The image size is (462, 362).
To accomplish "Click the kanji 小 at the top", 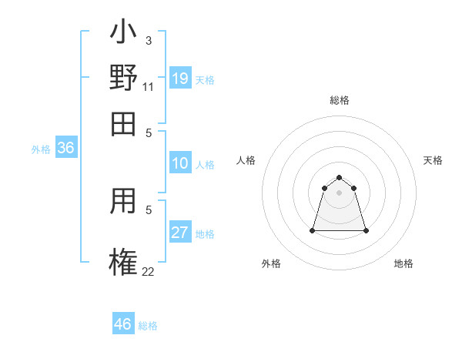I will point(123,35).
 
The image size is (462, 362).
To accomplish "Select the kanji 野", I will point(123,79).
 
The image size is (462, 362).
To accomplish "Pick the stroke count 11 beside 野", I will point(149,86).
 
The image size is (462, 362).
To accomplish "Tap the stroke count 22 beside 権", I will point(149,270).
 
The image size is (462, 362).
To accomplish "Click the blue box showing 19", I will point(180,78).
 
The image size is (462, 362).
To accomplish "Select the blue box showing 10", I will point(180,163).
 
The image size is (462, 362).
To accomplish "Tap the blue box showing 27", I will point(180,233).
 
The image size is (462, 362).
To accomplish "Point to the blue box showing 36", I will point(65,149).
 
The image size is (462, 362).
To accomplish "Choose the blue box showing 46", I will point(123,324).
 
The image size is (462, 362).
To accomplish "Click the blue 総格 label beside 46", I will point(148,326).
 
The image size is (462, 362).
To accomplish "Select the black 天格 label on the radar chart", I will point(433,160).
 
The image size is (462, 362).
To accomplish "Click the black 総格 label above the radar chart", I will point(340,101).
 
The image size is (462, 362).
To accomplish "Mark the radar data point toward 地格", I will point(365,230).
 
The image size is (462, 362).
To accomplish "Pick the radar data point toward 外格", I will point(313,230).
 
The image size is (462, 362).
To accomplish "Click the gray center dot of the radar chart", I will point(339,193).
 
